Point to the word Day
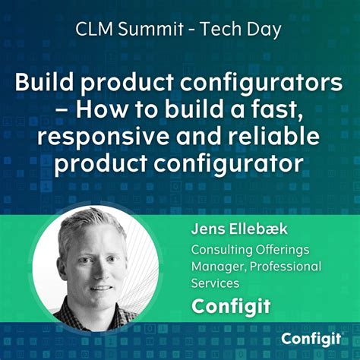[267, 31]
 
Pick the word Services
[216, 283]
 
